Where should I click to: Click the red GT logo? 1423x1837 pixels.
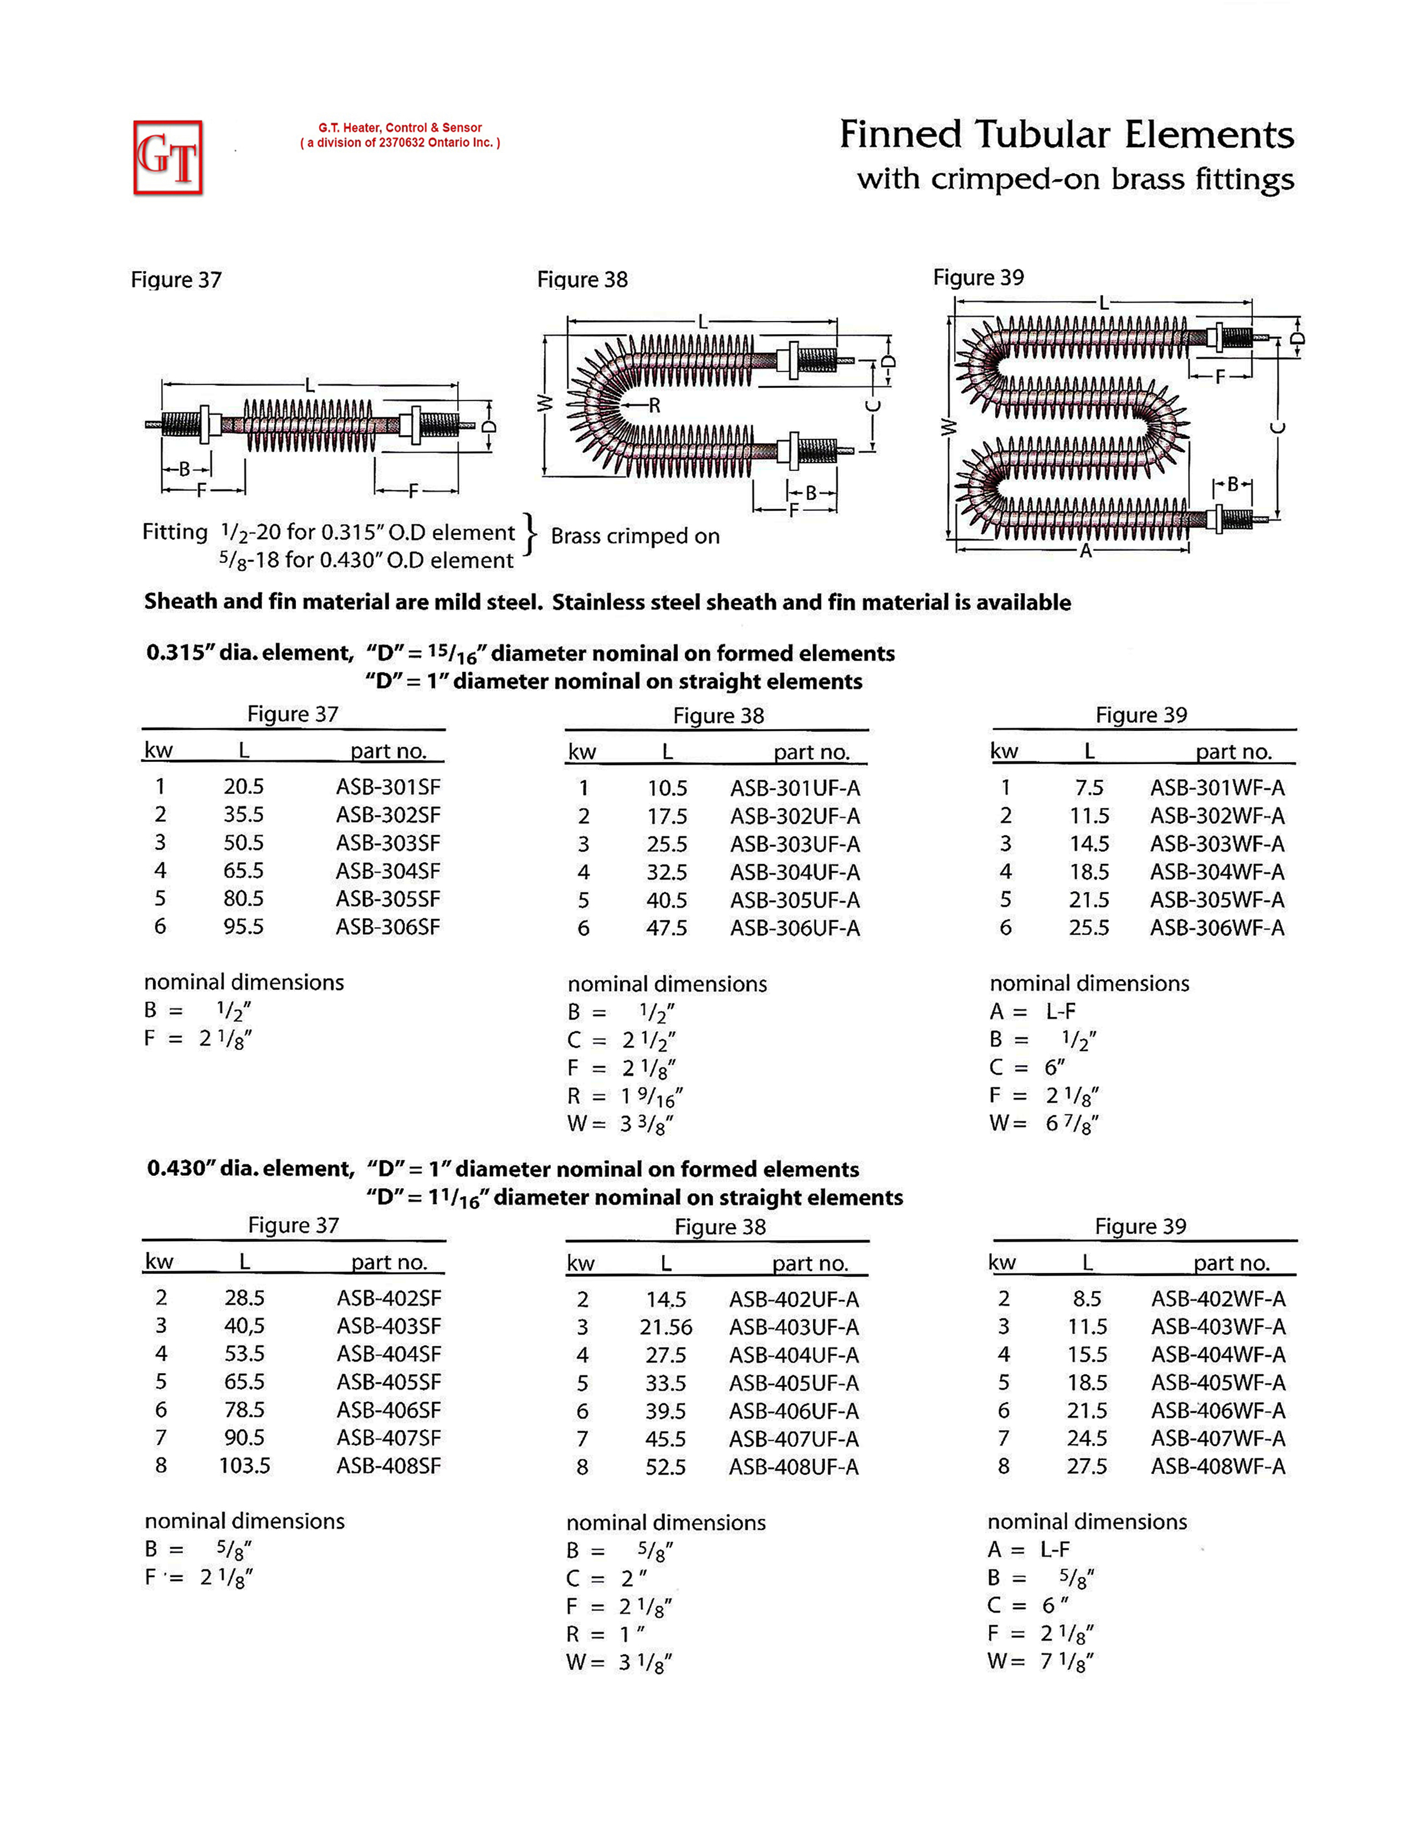click(x=168, y=157)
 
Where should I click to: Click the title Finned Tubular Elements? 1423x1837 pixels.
click(x=1066, y=135)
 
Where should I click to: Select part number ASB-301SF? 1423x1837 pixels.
click(x=388, y=787)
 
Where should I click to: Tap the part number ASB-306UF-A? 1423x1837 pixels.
click(x=795, y=929)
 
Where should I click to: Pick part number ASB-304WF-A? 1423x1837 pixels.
click(x=1217, y=872)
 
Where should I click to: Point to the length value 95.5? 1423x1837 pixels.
click(x=243, y=927)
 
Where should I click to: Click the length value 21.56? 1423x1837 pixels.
click(x=666, y=1327)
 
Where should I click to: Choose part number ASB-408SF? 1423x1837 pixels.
click(x=388, y=1466)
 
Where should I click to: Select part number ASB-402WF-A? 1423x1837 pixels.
click(x=1218, y=1299)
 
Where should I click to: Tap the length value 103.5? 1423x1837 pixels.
click(x=245, y=1466)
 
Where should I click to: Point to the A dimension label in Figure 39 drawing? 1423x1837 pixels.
click(x=1086, y=552)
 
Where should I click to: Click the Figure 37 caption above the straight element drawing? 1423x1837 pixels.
click(x=176, y=280)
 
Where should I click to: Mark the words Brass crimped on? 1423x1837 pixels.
click(x=635, y=536)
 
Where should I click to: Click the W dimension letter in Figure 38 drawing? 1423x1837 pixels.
click(x=545, y=405)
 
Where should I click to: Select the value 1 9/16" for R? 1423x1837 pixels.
click(x=652, y=1097)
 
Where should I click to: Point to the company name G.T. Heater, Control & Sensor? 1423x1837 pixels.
click(x=400, y=128)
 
